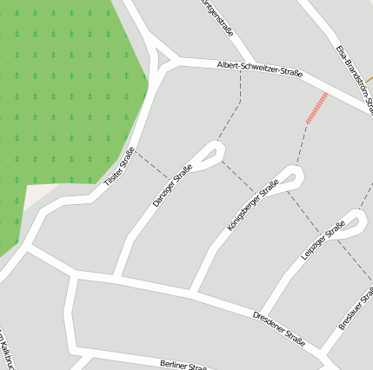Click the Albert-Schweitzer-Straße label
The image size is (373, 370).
260,69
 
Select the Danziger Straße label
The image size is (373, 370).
172,186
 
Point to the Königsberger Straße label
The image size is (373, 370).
252,206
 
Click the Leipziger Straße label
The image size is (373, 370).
323,240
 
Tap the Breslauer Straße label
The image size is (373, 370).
356,309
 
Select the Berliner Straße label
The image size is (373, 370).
183,365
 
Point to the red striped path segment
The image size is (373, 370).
316,108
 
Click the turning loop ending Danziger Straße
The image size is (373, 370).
210,155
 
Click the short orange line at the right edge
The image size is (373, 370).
369,80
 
